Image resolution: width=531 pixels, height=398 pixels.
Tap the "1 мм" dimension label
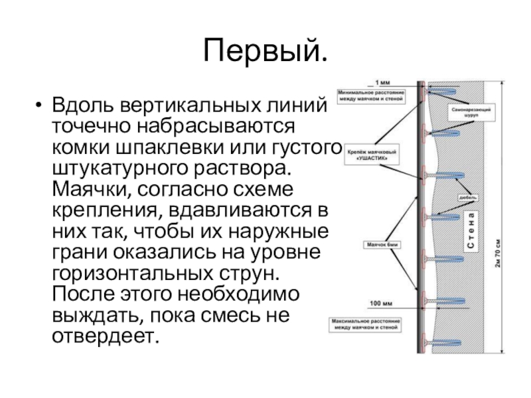(384, 82)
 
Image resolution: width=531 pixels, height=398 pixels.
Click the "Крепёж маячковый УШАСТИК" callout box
(373, 157)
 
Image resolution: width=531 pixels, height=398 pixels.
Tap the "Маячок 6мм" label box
(381, 245)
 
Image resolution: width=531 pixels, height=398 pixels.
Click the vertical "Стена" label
(469, 232)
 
